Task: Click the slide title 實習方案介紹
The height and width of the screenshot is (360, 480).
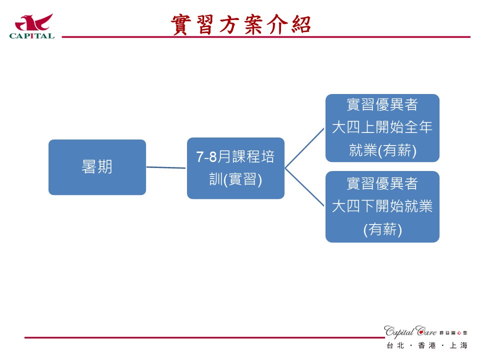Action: tap(241, 24)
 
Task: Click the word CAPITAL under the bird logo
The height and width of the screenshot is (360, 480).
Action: tap(32, 35)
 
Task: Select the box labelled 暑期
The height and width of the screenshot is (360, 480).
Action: tap(97, 167)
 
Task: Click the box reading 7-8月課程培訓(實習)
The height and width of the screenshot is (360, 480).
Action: tap(235, 168)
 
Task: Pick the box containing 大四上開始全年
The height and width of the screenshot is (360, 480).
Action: tap(382, 128)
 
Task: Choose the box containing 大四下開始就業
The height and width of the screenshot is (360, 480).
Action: tap(382, 206)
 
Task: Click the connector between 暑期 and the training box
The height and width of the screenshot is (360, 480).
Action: tap(166, 167)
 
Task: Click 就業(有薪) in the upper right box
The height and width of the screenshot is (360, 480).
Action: tap(382, 151)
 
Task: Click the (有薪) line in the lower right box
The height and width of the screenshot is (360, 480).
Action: tap(382, 229)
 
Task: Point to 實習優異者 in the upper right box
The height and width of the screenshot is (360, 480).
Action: tap(382, 105)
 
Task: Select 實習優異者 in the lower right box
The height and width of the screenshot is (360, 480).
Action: tap(382, 183)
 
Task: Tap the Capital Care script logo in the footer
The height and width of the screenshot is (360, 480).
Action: tap(410, 331)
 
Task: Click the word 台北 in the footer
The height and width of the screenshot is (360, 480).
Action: tap(395, 345)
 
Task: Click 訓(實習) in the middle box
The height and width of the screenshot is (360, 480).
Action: tap(235, 179)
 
